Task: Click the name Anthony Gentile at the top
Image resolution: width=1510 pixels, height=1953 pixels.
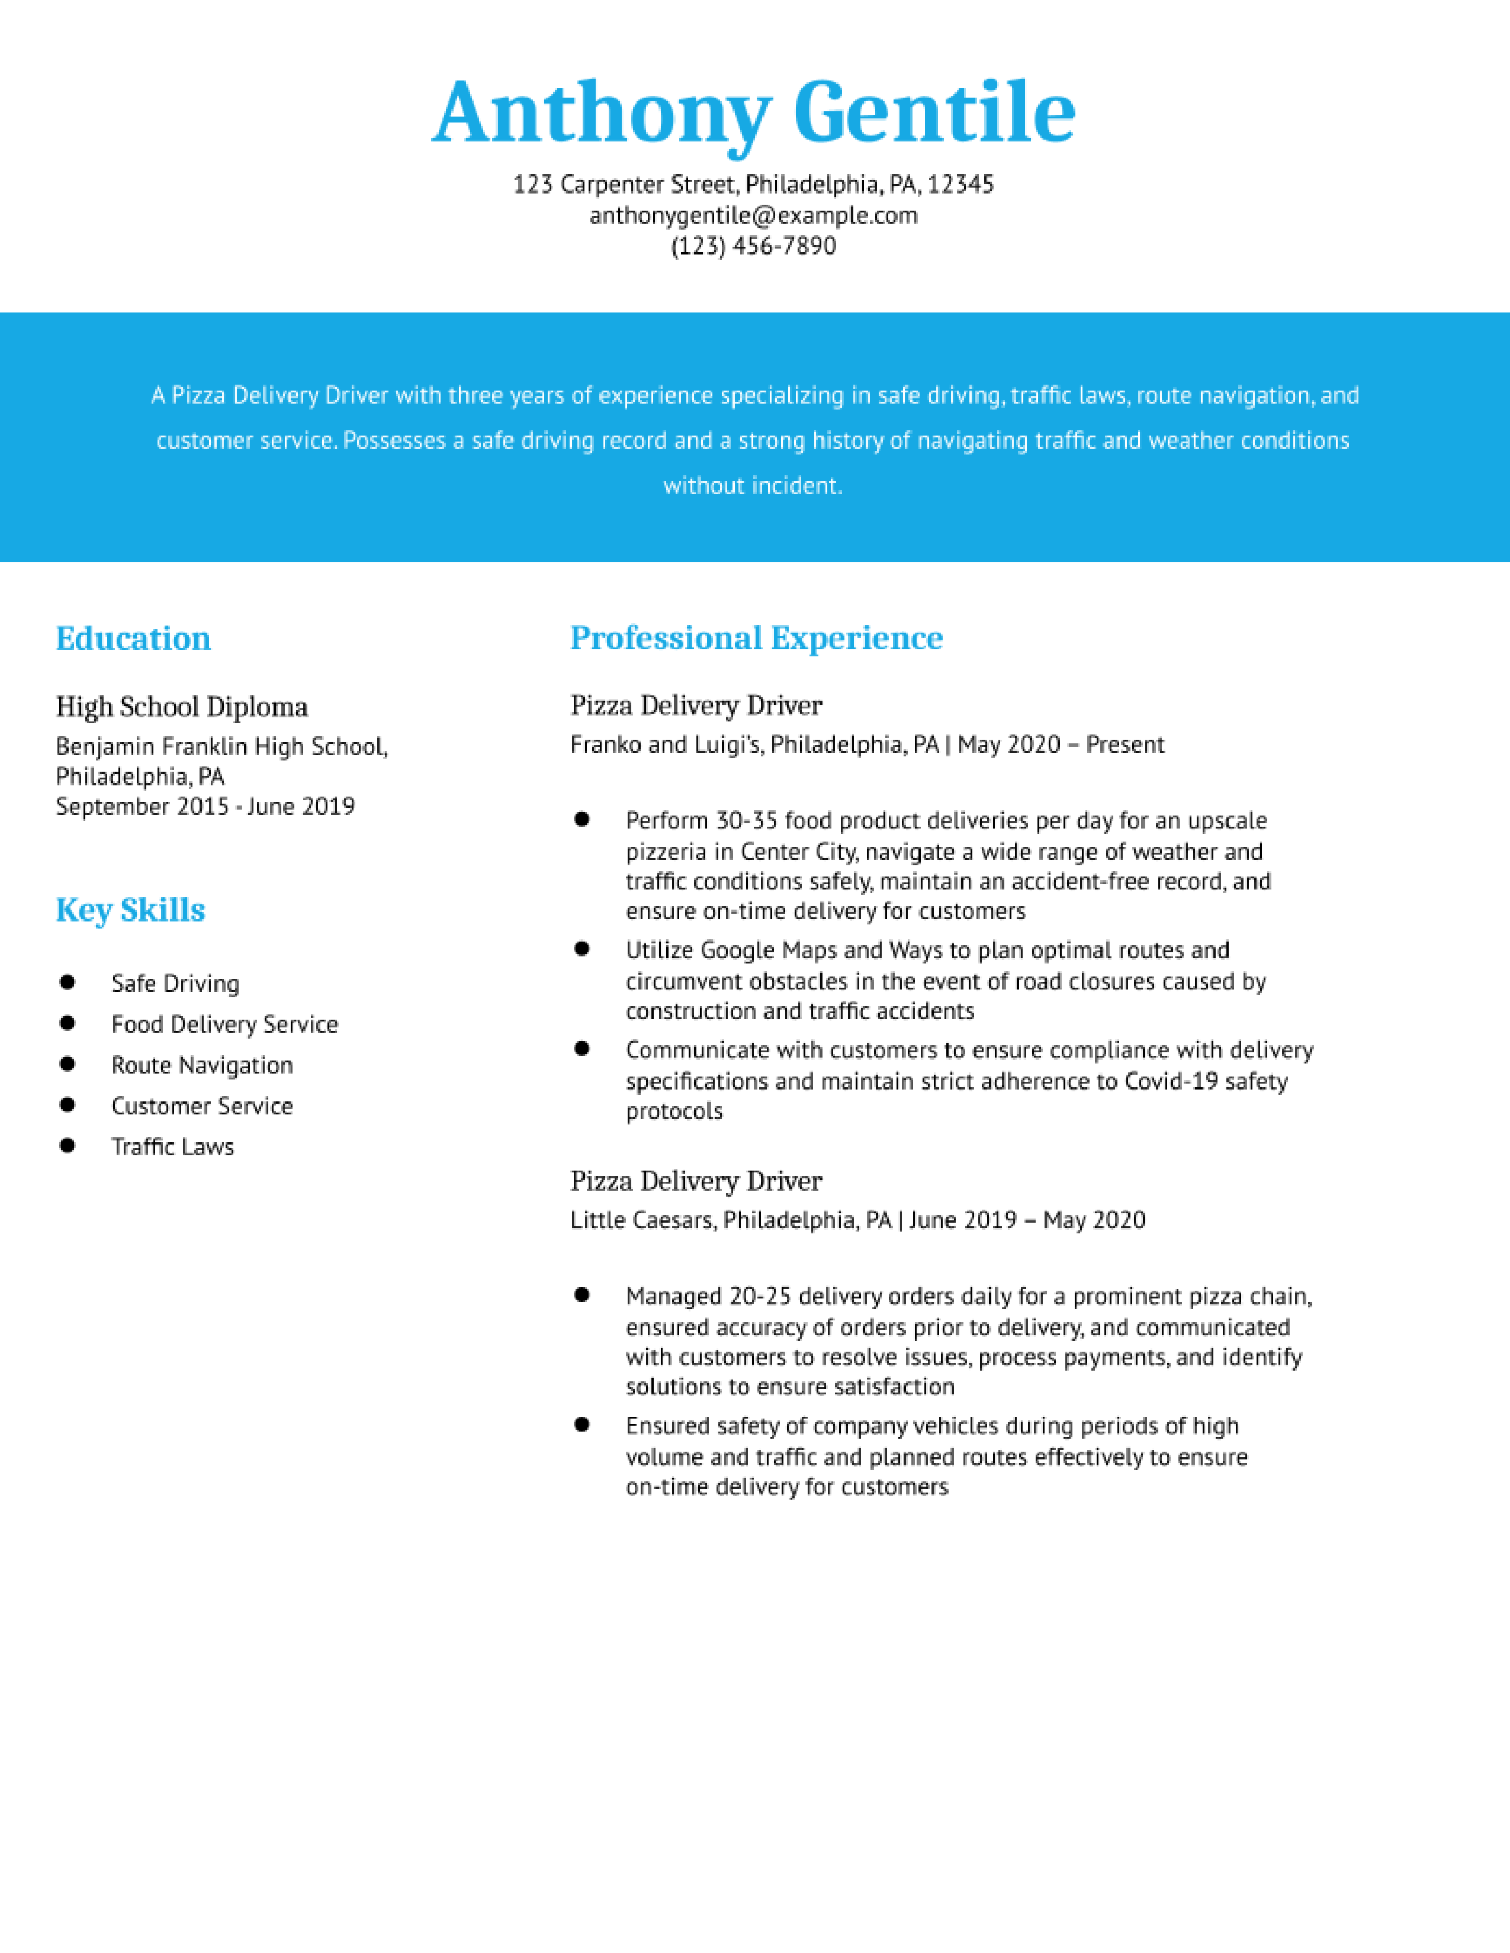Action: coord(753,114)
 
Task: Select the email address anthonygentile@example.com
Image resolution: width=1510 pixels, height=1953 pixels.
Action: coord(753,215)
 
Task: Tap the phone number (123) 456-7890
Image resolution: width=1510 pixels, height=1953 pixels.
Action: coord(753,246)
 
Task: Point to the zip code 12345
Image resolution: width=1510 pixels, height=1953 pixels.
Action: coord(960,185)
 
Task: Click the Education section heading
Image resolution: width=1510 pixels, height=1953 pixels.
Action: coord(133,639)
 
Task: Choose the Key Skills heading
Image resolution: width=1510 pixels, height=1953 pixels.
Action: coord(131,910)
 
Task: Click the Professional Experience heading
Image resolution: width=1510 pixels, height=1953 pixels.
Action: coord(756,639)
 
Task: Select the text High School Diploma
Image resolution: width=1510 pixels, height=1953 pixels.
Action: coord(182,707)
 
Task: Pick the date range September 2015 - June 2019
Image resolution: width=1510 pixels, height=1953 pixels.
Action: coord(205,807)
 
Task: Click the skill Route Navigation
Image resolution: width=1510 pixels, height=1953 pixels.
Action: coord(202,1065)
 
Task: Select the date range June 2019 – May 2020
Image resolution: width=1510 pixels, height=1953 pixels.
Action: coord(1027,1220)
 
